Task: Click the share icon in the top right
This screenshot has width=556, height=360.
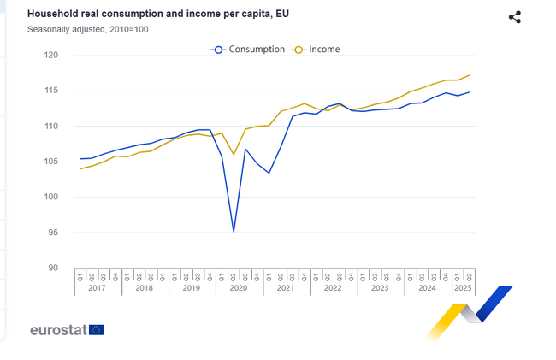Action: point(514,17)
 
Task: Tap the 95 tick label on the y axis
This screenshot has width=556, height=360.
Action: point(53,233)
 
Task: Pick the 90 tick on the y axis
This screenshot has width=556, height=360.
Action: point(53,268)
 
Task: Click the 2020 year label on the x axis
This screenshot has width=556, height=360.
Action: point(239,289)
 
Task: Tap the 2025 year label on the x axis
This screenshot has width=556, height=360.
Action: point(463,289)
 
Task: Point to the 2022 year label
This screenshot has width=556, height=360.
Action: point(332,289)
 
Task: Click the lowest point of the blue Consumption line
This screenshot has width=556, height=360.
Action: point(234,231)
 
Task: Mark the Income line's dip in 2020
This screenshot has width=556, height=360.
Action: point(234,155)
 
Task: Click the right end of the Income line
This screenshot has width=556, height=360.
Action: point(469,75)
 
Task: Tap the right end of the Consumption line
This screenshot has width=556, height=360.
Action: point(469,92)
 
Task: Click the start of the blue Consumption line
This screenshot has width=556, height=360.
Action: point(81,159)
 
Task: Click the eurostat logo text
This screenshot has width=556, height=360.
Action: point(57,330)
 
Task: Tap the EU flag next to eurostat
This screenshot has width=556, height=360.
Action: point(96,330)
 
